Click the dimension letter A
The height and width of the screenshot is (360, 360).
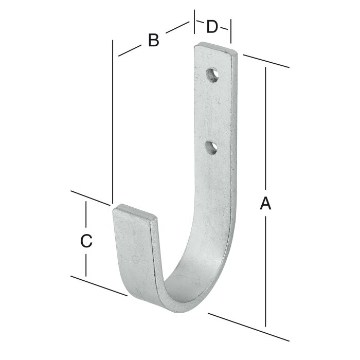(265, 204)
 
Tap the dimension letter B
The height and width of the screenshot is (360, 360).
(153, 40)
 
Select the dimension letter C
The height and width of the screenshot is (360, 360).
(86, 240)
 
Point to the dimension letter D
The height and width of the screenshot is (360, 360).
(212, 27)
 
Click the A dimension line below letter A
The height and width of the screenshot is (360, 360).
(266, 273)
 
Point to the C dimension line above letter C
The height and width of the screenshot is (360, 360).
(86, 216)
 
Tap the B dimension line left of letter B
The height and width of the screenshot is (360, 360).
(130, 50)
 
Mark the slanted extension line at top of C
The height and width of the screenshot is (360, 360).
(91, 198)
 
